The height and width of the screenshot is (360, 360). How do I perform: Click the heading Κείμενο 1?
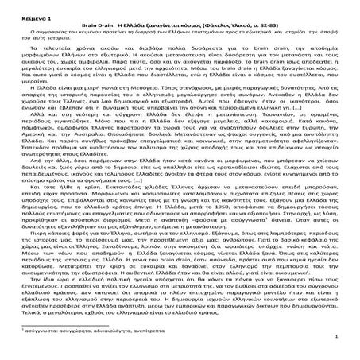click(x=31, y=14)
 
